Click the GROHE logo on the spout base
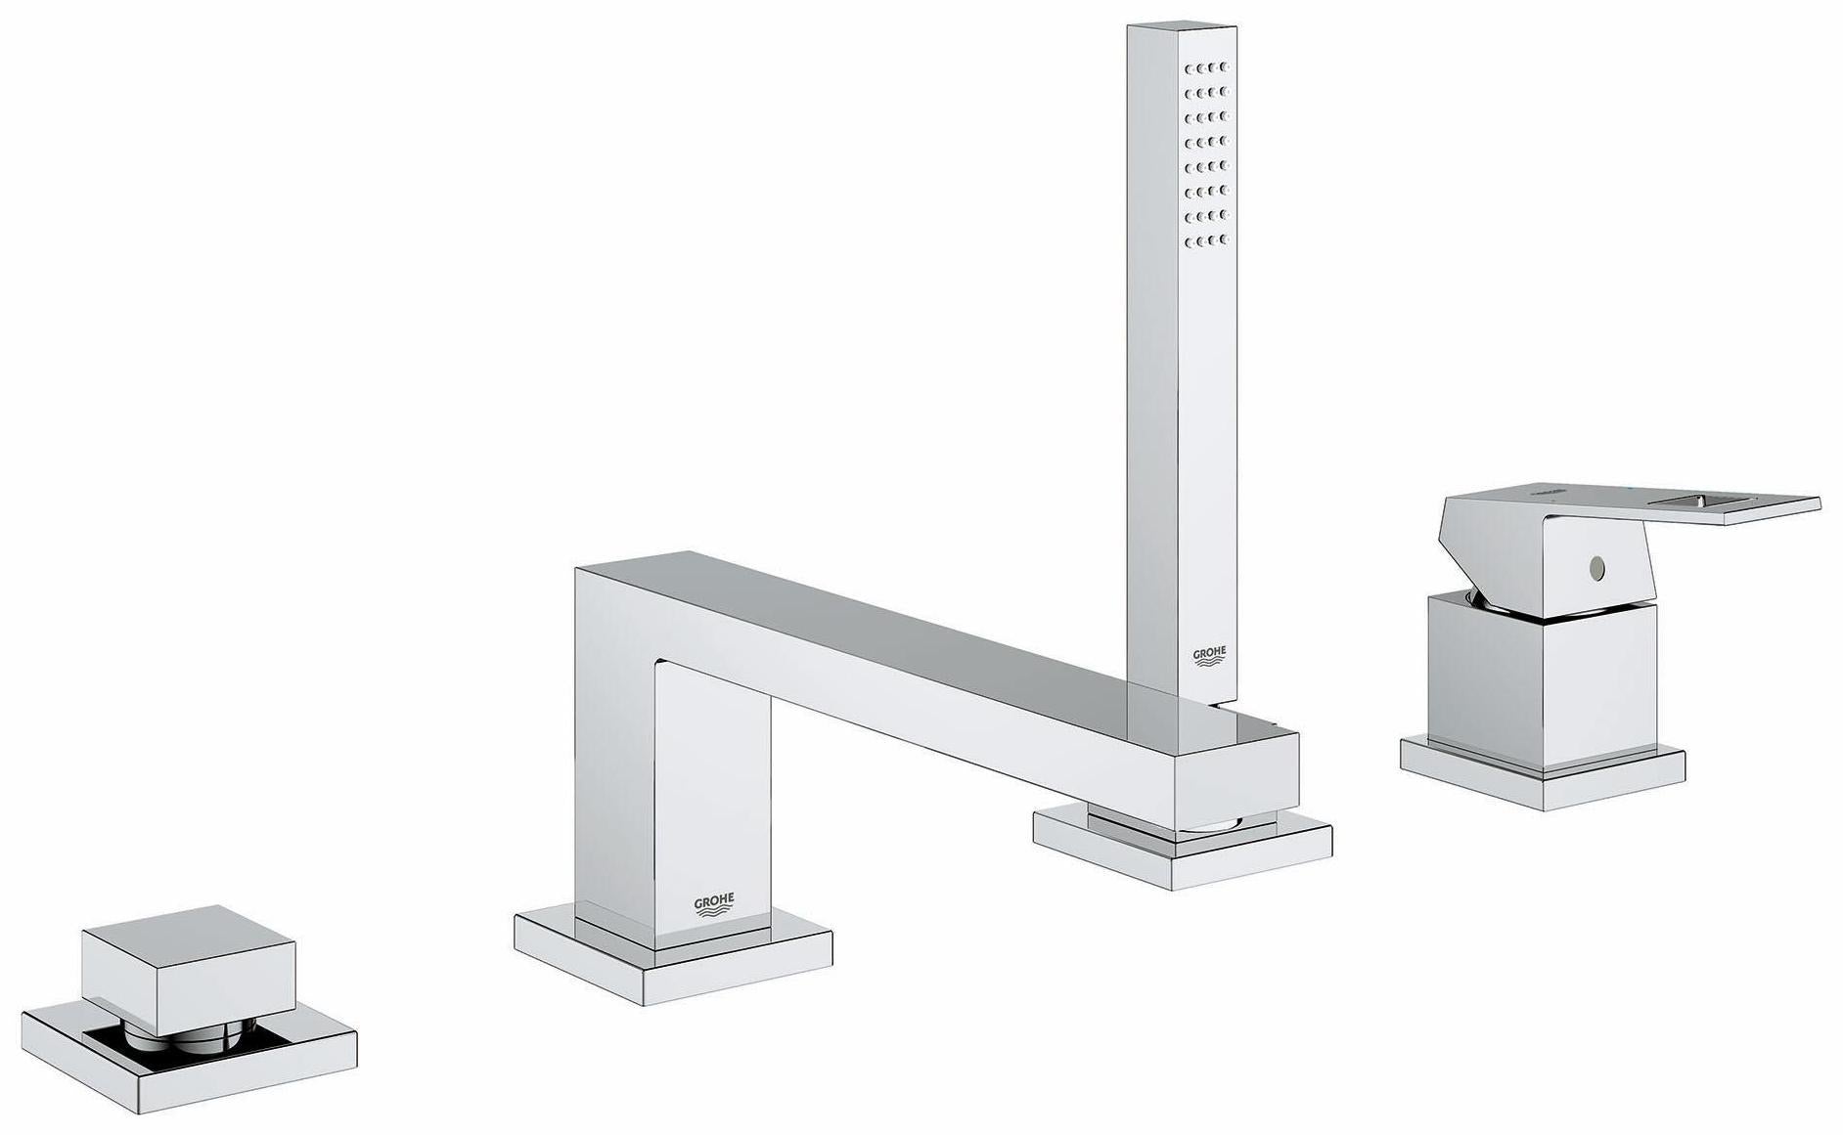tap(714, 904)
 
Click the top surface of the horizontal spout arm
tap(880, 635)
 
